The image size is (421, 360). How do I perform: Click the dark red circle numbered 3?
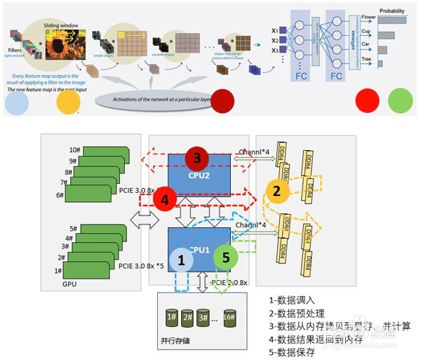(197, 157)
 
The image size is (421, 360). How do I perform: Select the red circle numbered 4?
(164, 200)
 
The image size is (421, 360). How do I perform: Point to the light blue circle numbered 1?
(181, 262)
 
